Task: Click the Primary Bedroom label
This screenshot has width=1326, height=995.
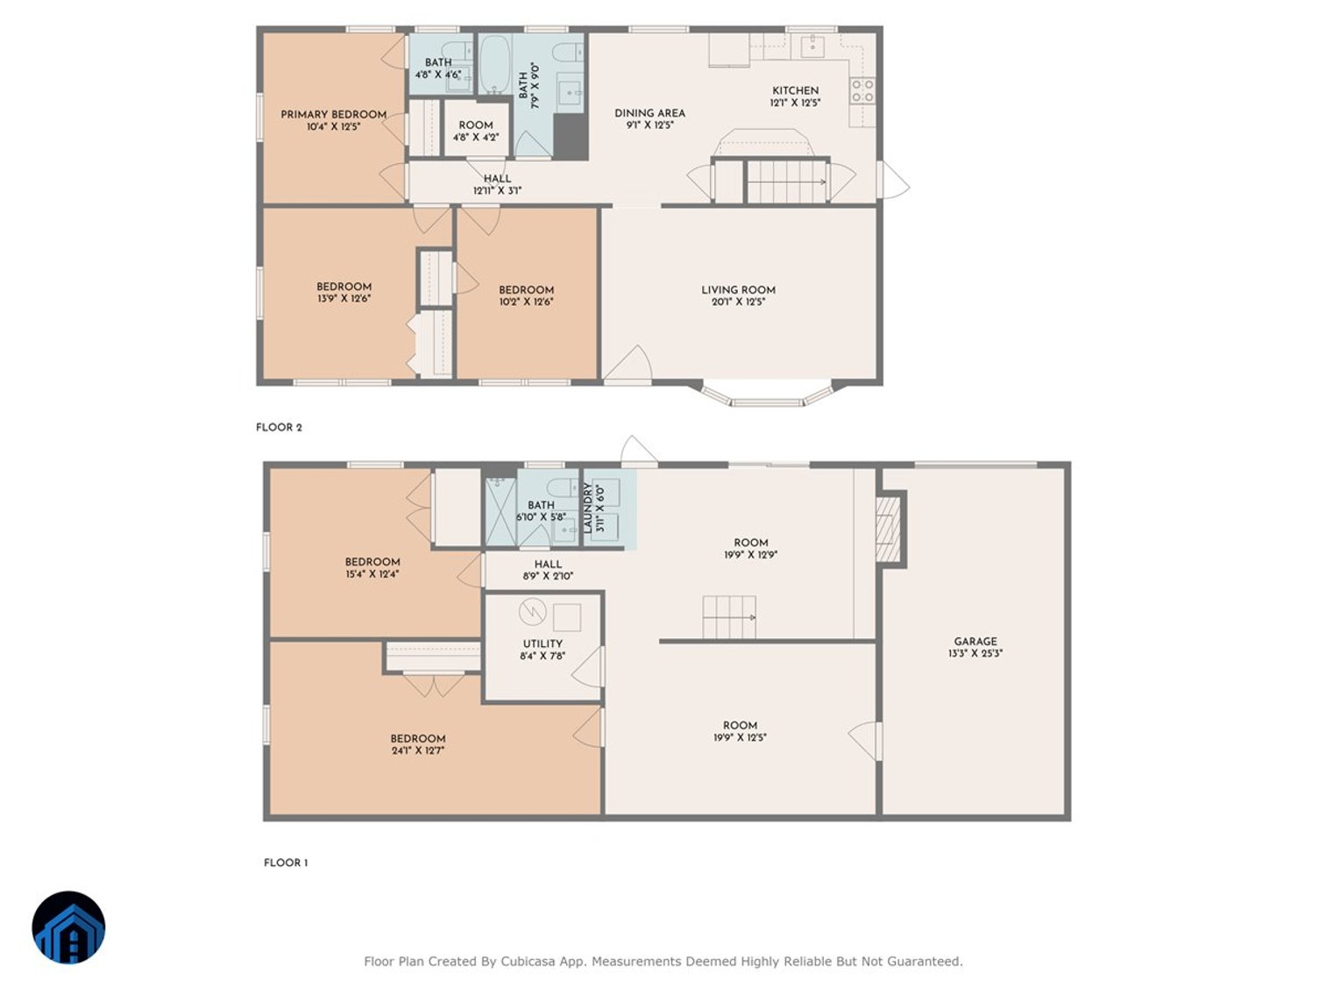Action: pos(333,115)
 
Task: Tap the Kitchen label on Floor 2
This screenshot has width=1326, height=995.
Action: pos(795,90)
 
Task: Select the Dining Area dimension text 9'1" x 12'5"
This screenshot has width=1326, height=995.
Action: pos(649,125)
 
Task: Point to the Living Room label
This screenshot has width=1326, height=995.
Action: pos(738,290)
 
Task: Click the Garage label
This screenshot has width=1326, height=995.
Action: pos(975,642)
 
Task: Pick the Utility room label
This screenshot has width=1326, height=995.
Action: pos(542,643)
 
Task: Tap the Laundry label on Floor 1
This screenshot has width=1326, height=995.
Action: pos(588,508)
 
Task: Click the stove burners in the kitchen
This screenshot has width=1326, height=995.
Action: pos(862,90)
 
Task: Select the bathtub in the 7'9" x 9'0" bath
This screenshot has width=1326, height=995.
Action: pos(494,63)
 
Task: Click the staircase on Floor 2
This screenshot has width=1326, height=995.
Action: pos(786,181)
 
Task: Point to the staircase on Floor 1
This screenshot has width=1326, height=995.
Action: pos(728,617)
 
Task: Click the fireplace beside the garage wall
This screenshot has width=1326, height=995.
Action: pos(889,528)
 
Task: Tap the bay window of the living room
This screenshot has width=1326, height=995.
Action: pos(767,400)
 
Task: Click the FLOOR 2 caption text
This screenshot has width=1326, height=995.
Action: pos(279,428)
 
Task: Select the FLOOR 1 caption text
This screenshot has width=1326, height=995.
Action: pos(286,863)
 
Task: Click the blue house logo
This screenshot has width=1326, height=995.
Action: pos(69,928)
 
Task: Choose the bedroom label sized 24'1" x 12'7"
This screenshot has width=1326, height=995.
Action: pos(418,739)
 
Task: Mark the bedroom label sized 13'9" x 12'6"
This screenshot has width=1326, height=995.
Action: pos(344,287)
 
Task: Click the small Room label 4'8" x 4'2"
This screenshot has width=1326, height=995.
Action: pos(476,125)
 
